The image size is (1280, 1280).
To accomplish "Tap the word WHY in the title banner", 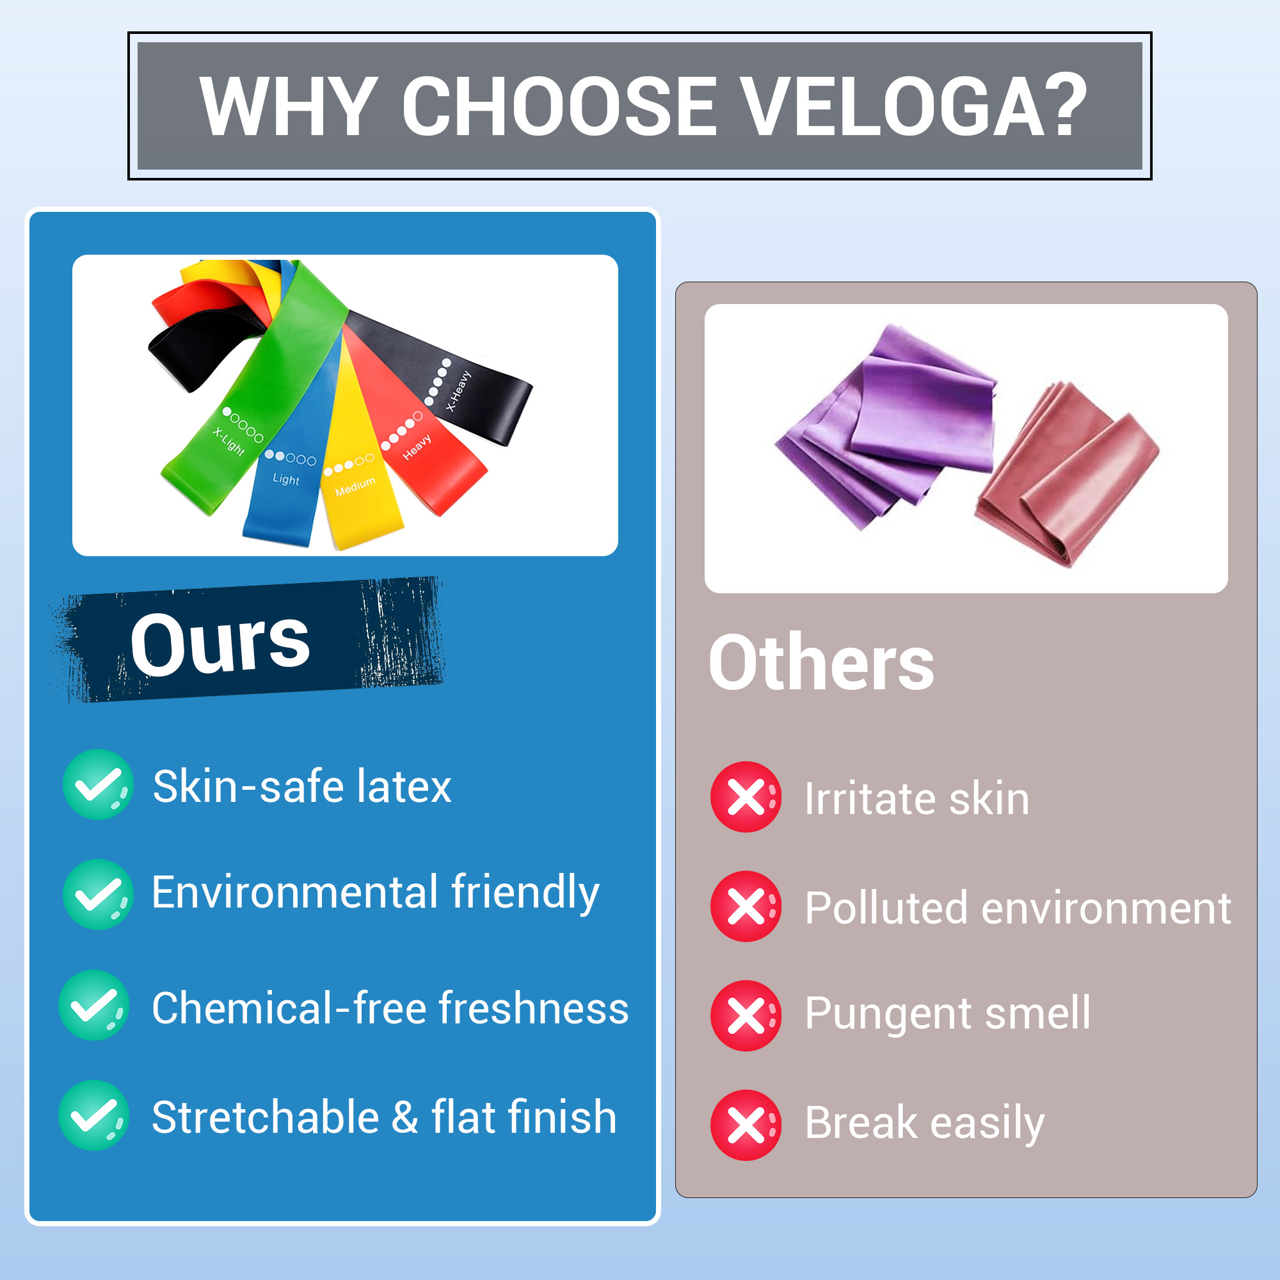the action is tap(289, 106).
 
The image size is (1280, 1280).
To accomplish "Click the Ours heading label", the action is tap(220, 642).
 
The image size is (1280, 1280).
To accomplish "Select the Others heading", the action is tap(822, 662).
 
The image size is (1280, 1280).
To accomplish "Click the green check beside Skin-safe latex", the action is tap(98, 785).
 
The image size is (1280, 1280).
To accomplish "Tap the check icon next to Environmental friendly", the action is tap(98, 895).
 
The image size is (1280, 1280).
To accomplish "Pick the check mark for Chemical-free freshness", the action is tap(94, 1005).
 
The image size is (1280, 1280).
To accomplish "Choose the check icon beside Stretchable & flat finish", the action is tap(94, 1115).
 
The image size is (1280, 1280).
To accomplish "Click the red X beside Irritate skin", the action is tap(746, 797).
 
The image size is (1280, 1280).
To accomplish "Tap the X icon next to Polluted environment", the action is tap(746, 906).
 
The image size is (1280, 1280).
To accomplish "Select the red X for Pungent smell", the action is tap(746, 1016).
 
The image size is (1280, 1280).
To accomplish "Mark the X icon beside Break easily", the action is tap(746, 1125).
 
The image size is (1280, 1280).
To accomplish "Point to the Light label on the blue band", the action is tap(285, 479).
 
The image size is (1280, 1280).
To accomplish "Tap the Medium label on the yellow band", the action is tap(355, 486).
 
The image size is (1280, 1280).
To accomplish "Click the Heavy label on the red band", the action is tap(417, 447).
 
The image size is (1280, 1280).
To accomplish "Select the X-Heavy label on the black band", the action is tap(458, 391).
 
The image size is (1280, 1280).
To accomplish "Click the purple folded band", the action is tap(888, 428).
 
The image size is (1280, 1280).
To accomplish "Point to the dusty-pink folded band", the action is tap(1067, 474).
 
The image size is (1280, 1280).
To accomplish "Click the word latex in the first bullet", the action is tap(404, 787).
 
